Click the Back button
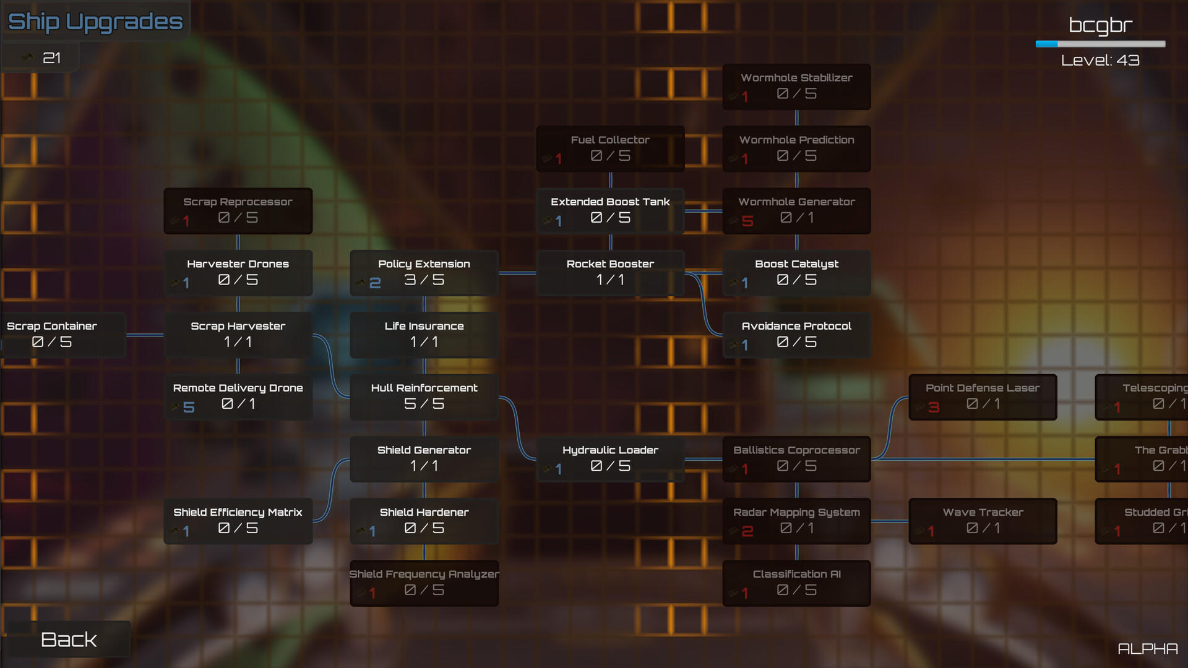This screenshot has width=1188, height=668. pos(68,639)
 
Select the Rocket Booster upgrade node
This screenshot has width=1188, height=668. pos(610,273)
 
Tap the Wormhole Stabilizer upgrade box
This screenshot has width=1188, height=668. pos(796,87)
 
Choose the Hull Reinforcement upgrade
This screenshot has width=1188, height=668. pos(424,396)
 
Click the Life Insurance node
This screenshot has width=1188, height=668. pos(424,335)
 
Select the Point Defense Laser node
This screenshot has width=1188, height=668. pos(982,396)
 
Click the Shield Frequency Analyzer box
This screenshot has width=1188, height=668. pos(424,583)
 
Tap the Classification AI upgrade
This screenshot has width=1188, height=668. pos(796,583)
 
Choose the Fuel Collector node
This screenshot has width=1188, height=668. pos(610,148)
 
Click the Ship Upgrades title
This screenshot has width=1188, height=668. pos(95,22)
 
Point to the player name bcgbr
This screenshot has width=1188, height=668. pos(1100,25)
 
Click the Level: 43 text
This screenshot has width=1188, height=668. pos(1100,60)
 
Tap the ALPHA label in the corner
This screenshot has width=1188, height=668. pos(1147,649)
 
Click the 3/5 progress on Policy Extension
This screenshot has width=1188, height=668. pos(424,280)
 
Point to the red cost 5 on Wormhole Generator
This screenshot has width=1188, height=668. pos(747,221)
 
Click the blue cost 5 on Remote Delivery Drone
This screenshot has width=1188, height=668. pos(189,407)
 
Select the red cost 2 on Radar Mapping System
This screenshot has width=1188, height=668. pos(747,531)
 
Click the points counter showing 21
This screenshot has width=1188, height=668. pos(51,58)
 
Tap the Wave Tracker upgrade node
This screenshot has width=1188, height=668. pos(982,521)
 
